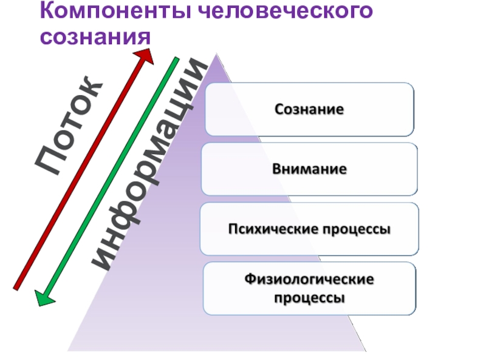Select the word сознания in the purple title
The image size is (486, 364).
click(x=95, y=38)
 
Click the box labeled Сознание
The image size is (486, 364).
click(x=309, y=110)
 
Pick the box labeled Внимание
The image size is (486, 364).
click(x=309, y=169)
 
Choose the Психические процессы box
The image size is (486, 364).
click(x=309, y=229)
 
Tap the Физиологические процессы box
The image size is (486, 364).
click(x=309, y=289)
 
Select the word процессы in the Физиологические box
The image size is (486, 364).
click(x=309, y=298)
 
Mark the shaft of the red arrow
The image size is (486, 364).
click(x=79, y=170)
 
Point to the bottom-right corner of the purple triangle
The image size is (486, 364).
click(x=366, y=351)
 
